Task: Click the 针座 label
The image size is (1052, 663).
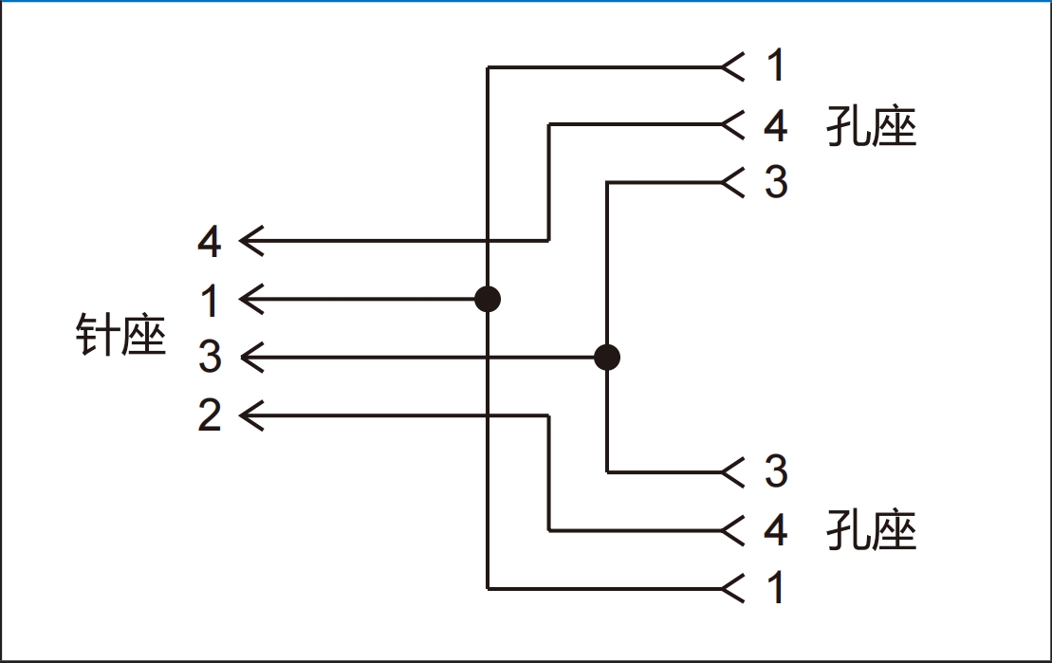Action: point(120,335)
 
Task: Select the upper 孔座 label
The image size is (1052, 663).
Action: point(871,125)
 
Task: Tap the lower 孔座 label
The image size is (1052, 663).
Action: point(871,530)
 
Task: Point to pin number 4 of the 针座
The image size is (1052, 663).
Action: point(210,242)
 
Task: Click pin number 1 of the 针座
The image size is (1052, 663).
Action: point(211,301)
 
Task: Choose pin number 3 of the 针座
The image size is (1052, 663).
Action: point(210,358)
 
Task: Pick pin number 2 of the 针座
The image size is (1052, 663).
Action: point(210,415)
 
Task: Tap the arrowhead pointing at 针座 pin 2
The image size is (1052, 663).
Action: point(250,415)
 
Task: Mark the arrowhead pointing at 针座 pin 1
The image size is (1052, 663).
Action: point(250,300)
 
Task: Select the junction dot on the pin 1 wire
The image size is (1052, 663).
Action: point(488,300)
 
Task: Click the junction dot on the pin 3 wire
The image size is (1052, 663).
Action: point(607,358)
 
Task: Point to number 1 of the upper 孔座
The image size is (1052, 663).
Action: point(777,66)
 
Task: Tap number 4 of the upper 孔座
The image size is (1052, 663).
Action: point(776,125)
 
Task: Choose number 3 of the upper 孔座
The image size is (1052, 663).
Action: point(776,182)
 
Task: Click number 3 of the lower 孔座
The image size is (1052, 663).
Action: point(776,471)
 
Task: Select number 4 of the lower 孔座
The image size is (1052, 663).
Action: point(776,530)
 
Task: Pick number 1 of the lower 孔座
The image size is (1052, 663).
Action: point(777,588)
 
